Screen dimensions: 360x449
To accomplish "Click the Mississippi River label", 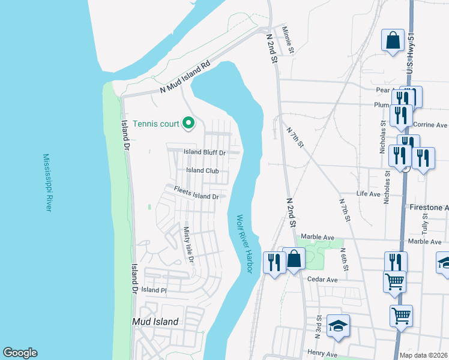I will (x=47, y=182).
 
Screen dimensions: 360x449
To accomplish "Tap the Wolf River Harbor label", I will (x=243, y=244).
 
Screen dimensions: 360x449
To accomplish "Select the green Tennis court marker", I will (x=188, y=124).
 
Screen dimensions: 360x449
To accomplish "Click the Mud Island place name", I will (x=155, y=322).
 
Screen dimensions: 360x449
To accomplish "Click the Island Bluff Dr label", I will (x=204, y=152).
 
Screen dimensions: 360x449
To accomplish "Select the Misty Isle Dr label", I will (x=188, y=244).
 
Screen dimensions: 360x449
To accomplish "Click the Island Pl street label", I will (x=153, y=290).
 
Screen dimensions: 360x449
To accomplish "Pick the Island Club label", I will (x=202, y=170).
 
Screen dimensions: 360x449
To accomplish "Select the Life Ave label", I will (x=368, y=194).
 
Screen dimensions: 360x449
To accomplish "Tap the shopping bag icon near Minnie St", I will (x=393, y=41).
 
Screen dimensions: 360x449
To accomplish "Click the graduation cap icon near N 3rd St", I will (x=339, y=325).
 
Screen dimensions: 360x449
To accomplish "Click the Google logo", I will (x=20, y=352).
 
